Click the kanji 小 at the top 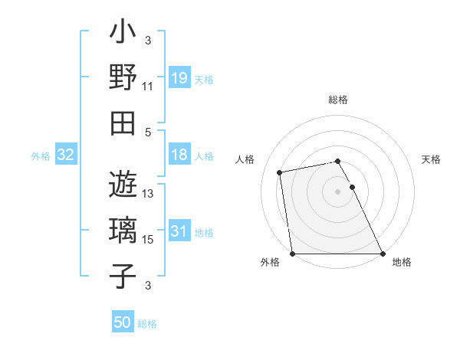123,34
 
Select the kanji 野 123,77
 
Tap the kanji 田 123,123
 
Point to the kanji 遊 123,185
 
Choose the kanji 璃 123,231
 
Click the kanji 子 123,276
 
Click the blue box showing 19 179,78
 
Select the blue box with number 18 179,155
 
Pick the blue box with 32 65,155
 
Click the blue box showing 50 123,322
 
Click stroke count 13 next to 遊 148,194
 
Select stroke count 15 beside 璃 148,240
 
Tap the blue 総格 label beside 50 147,324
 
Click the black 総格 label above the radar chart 337,100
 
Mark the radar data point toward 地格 382,253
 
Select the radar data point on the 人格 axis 280,172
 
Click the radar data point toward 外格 293,253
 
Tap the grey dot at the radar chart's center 337,191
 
